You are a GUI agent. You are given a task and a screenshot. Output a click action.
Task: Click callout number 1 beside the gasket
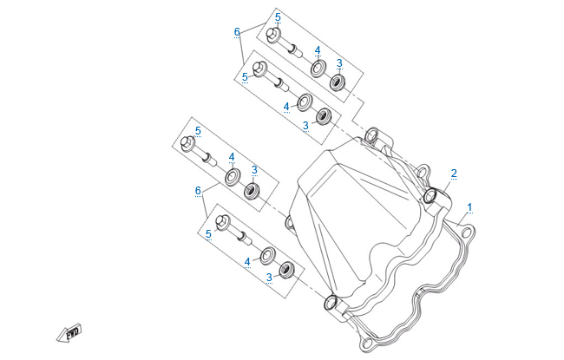pyautogui.click(x=469, y=207)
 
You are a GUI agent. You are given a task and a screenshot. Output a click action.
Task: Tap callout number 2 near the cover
pyautogui.click(x=453, y=173)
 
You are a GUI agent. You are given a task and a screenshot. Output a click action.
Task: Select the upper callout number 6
pyautogui.click(x=237, y=32)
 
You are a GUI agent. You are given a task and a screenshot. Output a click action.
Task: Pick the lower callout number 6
pyautogui.click(x=198, y=190)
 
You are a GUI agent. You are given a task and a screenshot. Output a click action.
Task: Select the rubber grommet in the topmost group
pyautogui.click(x=337, y=82)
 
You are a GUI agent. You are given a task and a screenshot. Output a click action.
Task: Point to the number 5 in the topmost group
pyautogui.click(x=278, y=17)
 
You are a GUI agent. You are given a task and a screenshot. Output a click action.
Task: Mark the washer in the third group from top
pyautogui.click(x=233, y=177)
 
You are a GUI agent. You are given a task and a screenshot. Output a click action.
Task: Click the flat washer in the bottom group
pyautogui.click(x=267, y=254)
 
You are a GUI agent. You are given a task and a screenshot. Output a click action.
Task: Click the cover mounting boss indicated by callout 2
pyautogui.click(x=431, y=196)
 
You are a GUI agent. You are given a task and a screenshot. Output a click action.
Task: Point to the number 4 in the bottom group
pyautogui.click(x=247, y=260)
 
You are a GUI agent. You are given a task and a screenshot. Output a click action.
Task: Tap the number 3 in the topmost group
pyautogui.click(x=339, y=63)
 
